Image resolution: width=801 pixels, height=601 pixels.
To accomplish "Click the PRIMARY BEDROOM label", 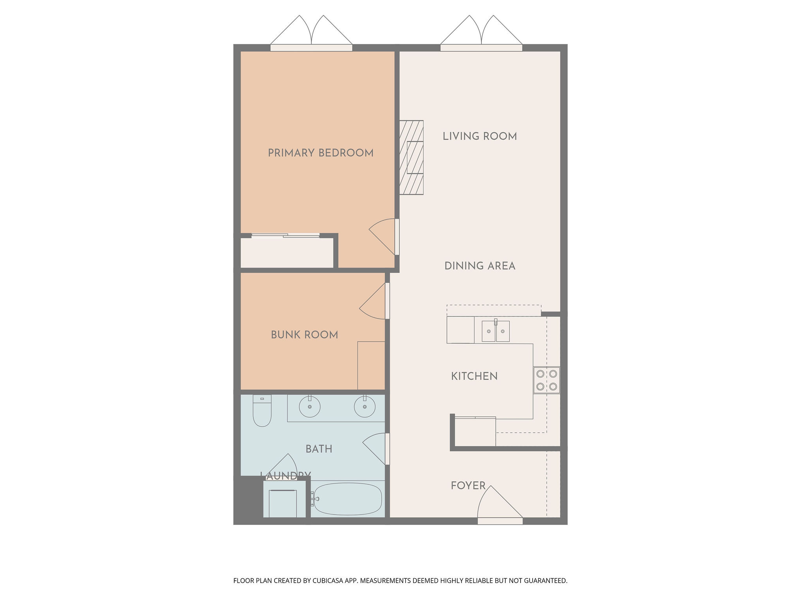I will pos(320,153).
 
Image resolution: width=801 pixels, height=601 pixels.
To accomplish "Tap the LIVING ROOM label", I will pos(480,136).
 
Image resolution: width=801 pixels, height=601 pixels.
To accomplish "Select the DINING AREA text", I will pos(480,266).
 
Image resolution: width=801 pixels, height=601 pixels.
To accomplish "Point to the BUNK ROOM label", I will pos(304,335).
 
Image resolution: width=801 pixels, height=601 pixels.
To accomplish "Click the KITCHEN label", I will pos(474,376).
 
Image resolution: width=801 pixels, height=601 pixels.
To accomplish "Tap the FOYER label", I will pos(468,486).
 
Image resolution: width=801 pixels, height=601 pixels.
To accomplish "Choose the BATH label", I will pos(319,449).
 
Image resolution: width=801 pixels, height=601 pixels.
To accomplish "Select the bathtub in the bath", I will pos(347,499).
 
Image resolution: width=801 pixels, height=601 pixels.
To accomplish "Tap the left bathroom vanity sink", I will pos(310,407).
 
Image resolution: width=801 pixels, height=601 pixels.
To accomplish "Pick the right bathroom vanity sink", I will pos(365,407).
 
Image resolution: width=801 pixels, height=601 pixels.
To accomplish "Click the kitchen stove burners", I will pos(546,380).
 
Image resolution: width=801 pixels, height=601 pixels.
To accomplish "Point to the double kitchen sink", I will pos(496,331).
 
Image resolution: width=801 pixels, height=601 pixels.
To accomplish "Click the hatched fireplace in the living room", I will pos(411,157).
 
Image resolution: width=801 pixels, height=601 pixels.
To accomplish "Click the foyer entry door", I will pos(499,505).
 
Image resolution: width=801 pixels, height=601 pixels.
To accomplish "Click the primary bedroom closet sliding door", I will pos(285,235).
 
